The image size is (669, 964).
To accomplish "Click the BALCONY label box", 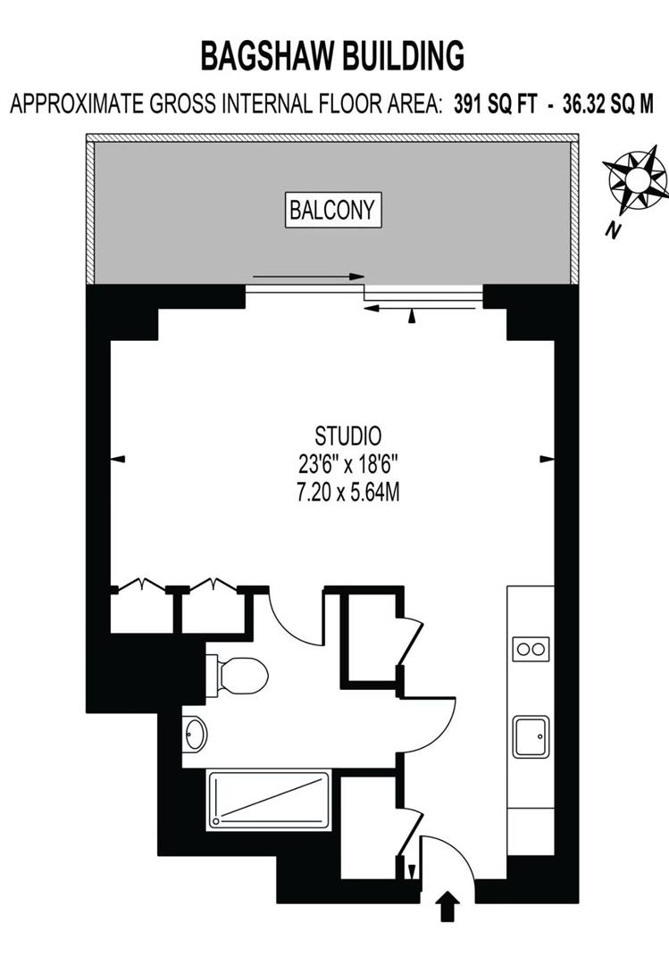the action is (x=333, y=211).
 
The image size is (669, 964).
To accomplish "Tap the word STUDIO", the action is (x=348, y=436).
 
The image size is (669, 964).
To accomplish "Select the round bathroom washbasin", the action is (x=195, y=734).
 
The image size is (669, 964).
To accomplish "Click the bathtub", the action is (x=270, y=799).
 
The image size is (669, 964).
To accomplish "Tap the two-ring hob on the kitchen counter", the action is (x=531, y=649).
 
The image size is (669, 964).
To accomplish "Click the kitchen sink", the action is (x=531, y=735).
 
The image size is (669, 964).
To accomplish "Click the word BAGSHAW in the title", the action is (x=266, y=56).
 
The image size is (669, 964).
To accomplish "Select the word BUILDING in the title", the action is (x=404, y=56).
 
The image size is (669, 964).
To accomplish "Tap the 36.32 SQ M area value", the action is (x=608, y=104).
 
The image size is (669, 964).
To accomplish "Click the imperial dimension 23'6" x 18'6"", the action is (x=349, y=464).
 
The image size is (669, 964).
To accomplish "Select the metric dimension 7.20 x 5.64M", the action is (x=348, y=493).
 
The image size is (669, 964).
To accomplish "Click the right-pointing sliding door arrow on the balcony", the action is (x=309, y=277).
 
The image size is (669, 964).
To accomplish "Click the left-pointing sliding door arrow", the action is (x=420, y=308).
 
